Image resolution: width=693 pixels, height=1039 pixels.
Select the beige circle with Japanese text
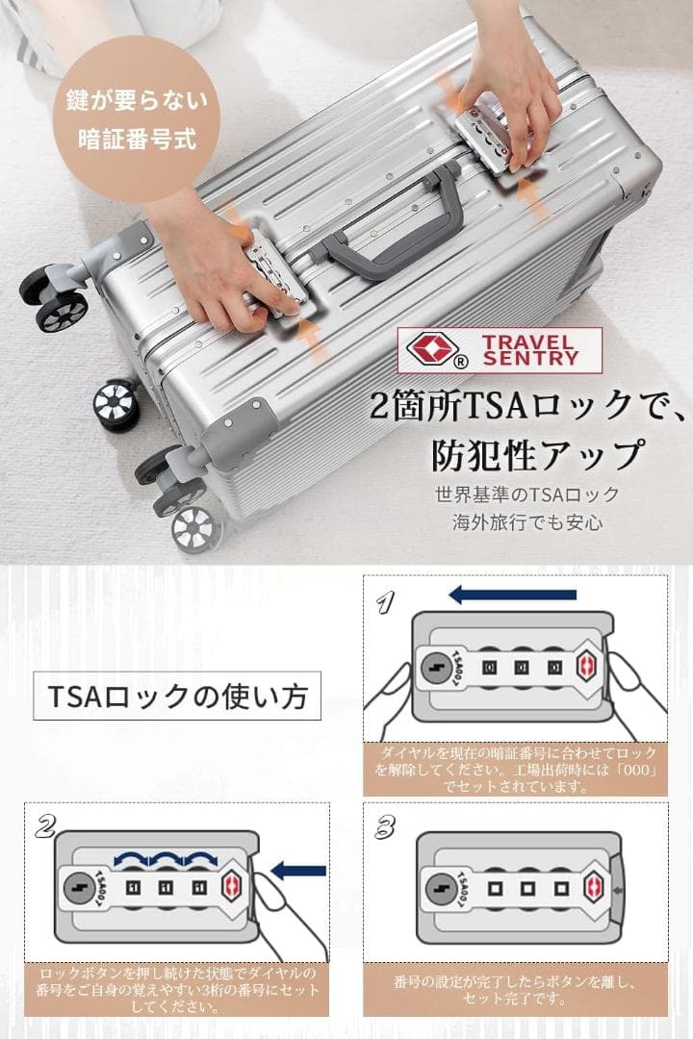click(x=136, y=119)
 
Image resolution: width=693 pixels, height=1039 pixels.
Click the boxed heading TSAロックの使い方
click(x=177, y=696)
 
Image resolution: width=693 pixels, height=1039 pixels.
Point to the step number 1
click(x=385, y=602)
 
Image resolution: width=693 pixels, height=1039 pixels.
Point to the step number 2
click(x=45, y=826)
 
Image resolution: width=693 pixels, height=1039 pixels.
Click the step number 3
click(x=385, y=827)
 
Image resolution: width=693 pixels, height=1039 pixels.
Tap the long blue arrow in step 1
click(x=513, y=595)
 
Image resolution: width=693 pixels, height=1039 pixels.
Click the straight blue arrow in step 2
click(x=299, y=870)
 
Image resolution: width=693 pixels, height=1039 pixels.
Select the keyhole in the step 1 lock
click(x=437, y=668)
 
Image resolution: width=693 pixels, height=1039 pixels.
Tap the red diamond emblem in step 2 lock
click(x=231, y=887)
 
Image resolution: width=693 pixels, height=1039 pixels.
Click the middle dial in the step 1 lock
click(x=522, y=668)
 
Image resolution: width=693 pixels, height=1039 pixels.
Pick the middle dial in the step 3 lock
click(x=527, y=888)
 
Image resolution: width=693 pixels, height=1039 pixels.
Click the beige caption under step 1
click(x=515, y=770)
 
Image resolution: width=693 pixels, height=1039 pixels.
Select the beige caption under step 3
click(x=515, y=990)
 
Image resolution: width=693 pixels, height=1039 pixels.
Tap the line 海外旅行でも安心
click(x=527, y=522)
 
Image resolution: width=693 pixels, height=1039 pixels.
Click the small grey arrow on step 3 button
click(x=617, y=891)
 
